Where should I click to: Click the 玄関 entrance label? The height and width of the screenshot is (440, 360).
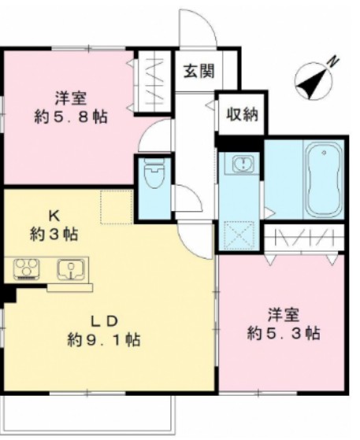coord(199,72)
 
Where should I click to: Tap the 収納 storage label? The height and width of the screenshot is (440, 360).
coord(239,115)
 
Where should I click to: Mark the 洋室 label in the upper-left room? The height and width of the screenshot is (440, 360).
coord(71,98)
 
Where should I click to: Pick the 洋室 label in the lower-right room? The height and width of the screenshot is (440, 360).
coord(281,314)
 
